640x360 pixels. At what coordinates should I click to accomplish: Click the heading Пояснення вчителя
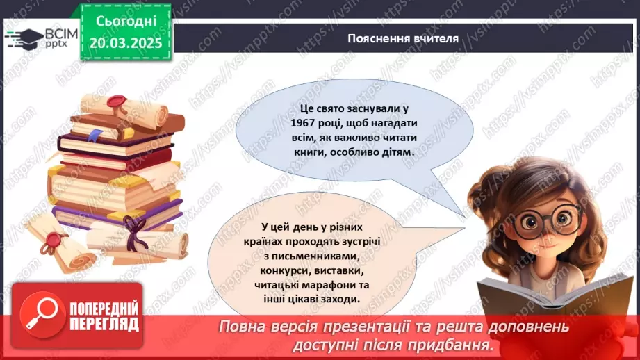coord(403,39)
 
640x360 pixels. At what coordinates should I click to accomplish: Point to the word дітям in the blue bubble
coord(393,151)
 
